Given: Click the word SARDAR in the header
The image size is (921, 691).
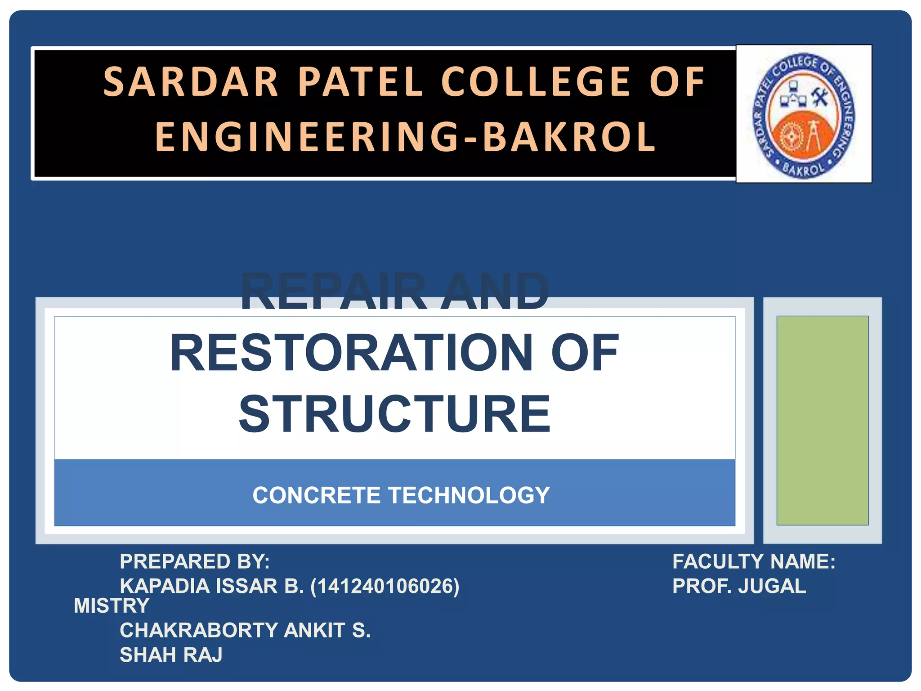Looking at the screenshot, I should point(191,82).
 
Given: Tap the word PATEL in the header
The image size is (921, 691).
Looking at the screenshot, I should point(360,82).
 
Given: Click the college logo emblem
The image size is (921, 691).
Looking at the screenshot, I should point(804,115).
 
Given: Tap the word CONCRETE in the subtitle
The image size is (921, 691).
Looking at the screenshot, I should point(317,495).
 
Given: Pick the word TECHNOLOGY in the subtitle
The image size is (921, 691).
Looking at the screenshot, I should point(469,495).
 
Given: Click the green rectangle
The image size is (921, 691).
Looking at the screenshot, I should point(822,420).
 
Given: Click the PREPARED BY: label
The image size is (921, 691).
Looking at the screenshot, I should point(194,561).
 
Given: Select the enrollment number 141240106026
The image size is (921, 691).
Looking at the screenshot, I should point(385,586).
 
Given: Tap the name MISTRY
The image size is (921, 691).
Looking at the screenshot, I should point(111,606).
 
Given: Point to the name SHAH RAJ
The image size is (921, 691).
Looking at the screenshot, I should point(171,655).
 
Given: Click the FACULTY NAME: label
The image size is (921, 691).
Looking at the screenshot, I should point(753,561).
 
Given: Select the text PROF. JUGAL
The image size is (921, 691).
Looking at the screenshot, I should point(739,586).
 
